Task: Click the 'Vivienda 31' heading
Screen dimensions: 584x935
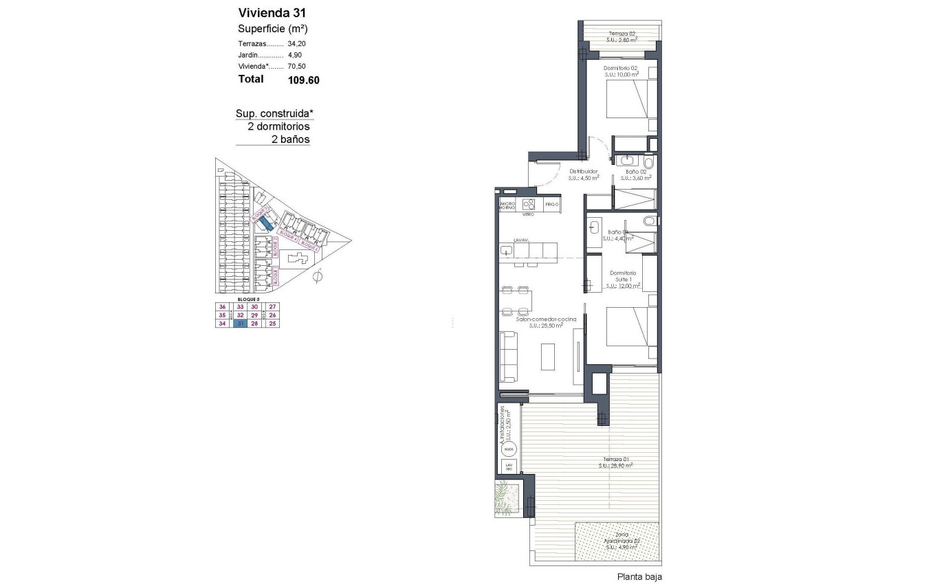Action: coord(272,12)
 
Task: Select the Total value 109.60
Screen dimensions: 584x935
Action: coord(303,80)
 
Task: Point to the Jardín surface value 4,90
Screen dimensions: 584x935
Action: coord(294,55)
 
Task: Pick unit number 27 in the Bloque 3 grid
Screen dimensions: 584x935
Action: coord(272,307)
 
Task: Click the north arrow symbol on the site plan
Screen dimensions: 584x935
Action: coord(317,278)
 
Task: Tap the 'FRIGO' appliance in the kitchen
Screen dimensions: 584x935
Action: coord(551,205)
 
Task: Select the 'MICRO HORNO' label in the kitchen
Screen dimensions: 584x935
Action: coord(507,205)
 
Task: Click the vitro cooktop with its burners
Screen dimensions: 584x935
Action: coord(529,204)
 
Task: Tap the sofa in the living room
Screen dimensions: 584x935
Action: coord(509,356)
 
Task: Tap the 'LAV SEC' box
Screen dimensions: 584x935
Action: coord(508,467)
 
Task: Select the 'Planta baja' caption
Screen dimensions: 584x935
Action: coord(639,577)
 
